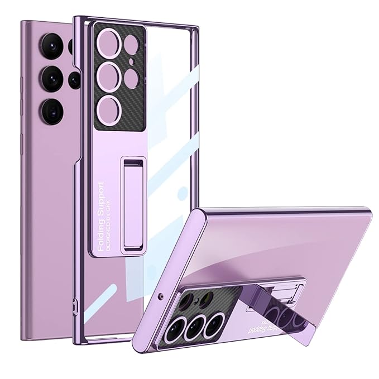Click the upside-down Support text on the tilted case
[267, 323]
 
